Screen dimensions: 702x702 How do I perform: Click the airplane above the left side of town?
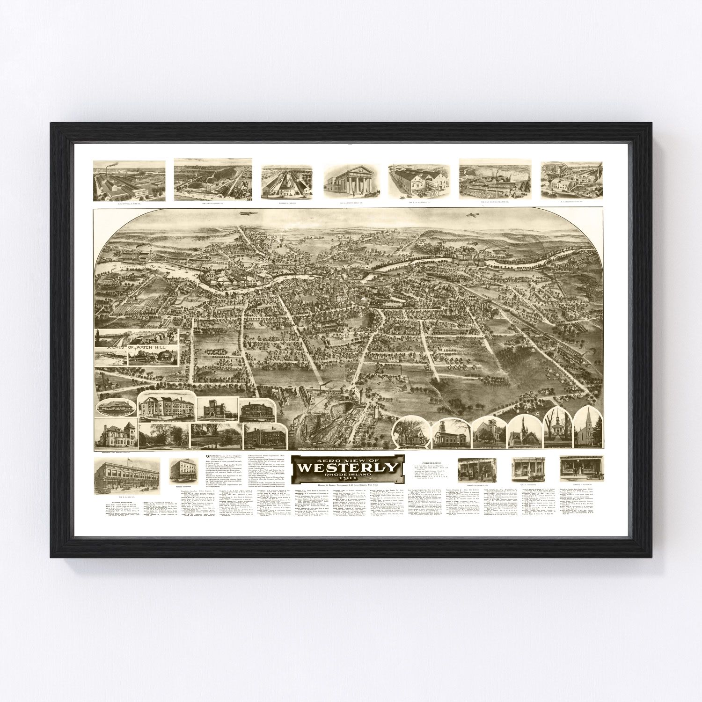(x=245, y=213)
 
